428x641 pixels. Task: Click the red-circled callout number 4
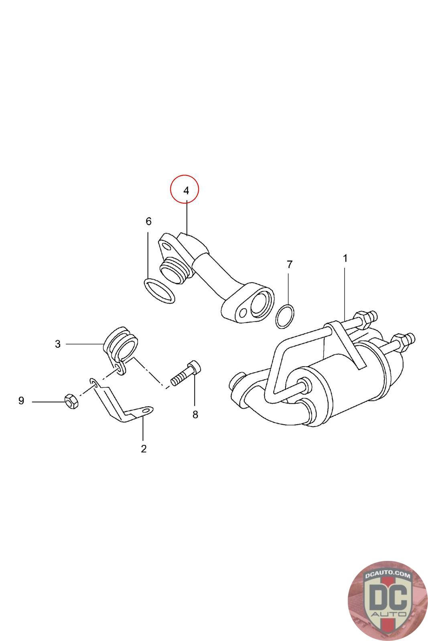tap(186, 191)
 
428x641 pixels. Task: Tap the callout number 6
tap(148, 222)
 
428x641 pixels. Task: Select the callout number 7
tap(290, 264)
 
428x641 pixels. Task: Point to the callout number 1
tap(345, 258)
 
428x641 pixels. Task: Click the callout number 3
tap(58, 344)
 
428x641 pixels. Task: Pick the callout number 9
tap(21, 401)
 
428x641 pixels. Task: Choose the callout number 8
tap(195, 415)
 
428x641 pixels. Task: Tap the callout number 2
tap(144, 449)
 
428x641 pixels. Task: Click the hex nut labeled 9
tap(71, 401)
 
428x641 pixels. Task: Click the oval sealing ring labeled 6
tap(159, 290)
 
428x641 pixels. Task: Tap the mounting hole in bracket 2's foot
tap(146, 410)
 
